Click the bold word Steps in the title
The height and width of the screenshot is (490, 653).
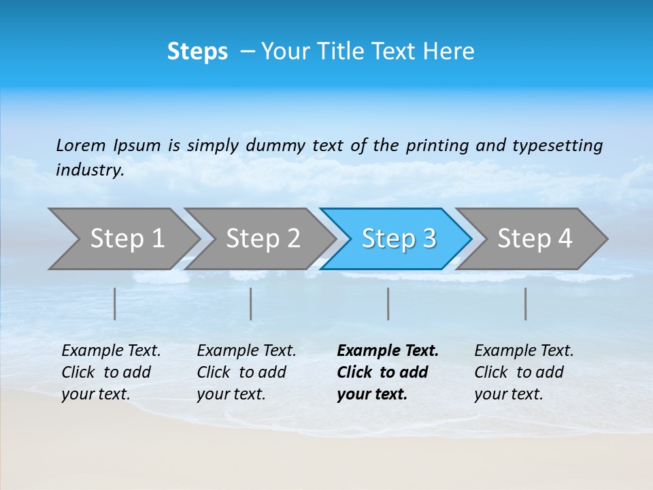197,52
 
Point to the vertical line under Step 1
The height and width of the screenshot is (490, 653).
115,304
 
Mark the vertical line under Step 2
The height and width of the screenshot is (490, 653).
251,304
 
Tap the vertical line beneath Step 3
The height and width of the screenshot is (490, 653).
388,304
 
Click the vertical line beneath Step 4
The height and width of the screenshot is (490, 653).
526,304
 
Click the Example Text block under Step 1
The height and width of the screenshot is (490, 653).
110,372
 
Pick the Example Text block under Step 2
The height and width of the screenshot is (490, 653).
246,372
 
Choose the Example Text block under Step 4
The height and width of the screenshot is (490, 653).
523,372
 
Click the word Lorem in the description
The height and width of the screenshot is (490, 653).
81,145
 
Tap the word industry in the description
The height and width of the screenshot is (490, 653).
90,170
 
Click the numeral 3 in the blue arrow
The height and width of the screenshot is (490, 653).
429,239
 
